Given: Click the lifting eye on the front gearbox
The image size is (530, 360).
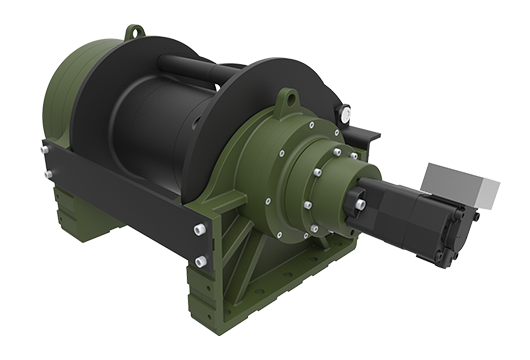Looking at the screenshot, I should (288, 97).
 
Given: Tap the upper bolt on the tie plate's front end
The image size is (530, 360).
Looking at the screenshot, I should (200, 230).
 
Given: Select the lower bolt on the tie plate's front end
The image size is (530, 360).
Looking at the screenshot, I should (201, 261).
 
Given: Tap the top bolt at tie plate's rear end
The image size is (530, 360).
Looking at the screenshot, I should (46, 150).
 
